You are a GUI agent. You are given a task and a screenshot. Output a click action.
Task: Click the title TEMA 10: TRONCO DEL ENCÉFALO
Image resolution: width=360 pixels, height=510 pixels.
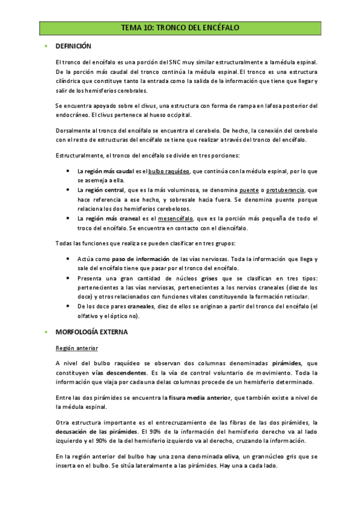180,28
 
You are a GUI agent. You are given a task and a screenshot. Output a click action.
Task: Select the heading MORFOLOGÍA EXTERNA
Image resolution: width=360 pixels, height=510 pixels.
91,331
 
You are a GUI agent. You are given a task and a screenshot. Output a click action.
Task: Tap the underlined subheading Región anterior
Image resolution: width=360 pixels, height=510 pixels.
76,348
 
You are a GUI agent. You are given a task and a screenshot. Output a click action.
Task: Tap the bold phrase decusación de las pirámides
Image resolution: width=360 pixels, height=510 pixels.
96,432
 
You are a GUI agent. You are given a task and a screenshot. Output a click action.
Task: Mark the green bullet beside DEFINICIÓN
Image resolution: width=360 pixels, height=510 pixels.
46,46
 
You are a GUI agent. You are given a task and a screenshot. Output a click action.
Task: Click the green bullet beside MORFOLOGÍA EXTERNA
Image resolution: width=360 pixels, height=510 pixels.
46,331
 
